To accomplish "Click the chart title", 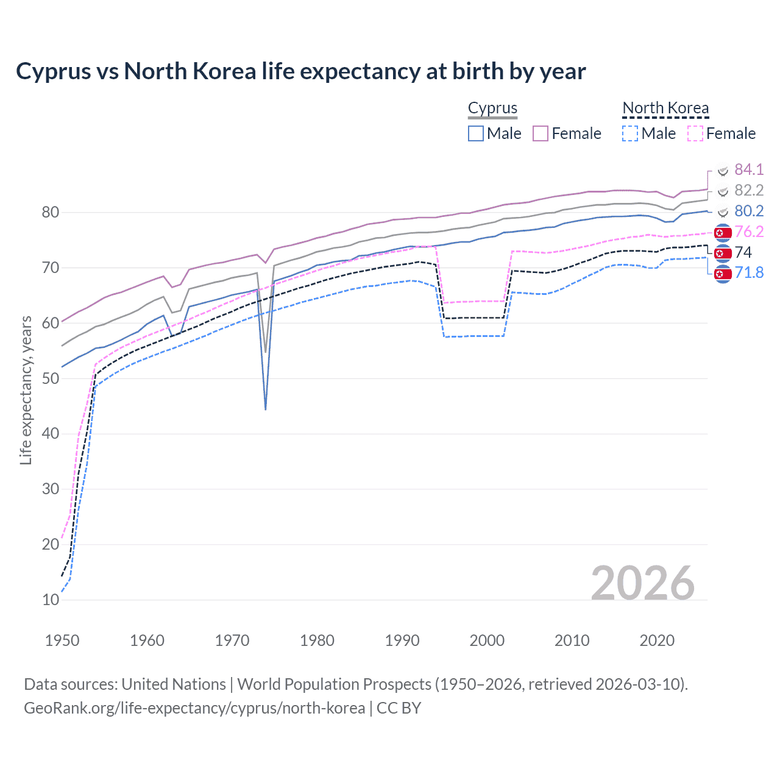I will [300, 71].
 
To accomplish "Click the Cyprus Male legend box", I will [476, 133].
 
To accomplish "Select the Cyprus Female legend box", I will [541, 133].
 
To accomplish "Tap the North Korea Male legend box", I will [630, 133].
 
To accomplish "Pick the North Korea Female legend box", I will [695, 133].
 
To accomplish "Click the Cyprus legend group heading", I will [492, 108].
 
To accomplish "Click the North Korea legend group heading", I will [665, 108].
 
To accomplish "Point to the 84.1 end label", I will [749, 169].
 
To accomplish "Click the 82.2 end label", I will [749, 190].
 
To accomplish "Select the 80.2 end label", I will [749, 211].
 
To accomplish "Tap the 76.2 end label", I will [749, 232].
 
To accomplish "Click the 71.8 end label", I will [749, 272].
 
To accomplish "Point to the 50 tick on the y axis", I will [51, 378].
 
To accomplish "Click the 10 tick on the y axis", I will [51, 600].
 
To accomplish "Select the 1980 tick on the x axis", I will [317, 640].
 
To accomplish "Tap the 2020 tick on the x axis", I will [657, 640].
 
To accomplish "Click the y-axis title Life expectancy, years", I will [26, 390].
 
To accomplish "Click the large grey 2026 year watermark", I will [642, 584].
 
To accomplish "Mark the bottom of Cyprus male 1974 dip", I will [266, 409].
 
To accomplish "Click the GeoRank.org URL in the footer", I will [194, 708].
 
